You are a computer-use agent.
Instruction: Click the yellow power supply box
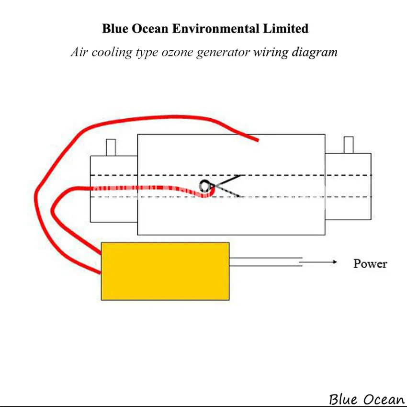click(165, 271)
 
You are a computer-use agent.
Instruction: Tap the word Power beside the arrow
click(370, 263)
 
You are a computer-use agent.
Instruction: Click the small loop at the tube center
click(205, 185)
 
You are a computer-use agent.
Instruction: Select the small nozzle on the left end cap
click(111, 147)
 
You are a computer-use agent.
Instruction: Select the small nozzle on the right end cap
click(349, 145)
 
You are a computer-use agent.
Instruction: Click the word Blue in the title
click(114, 28)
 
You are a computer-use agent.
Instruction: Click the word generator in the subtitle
click(223, 52)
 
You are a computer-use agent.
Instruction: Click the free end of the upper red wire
click(257, 140)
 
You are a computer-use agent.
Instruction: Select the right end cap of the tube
click(348, 187)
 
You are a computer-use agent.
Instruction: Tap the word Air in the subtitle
click(79, 52)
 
